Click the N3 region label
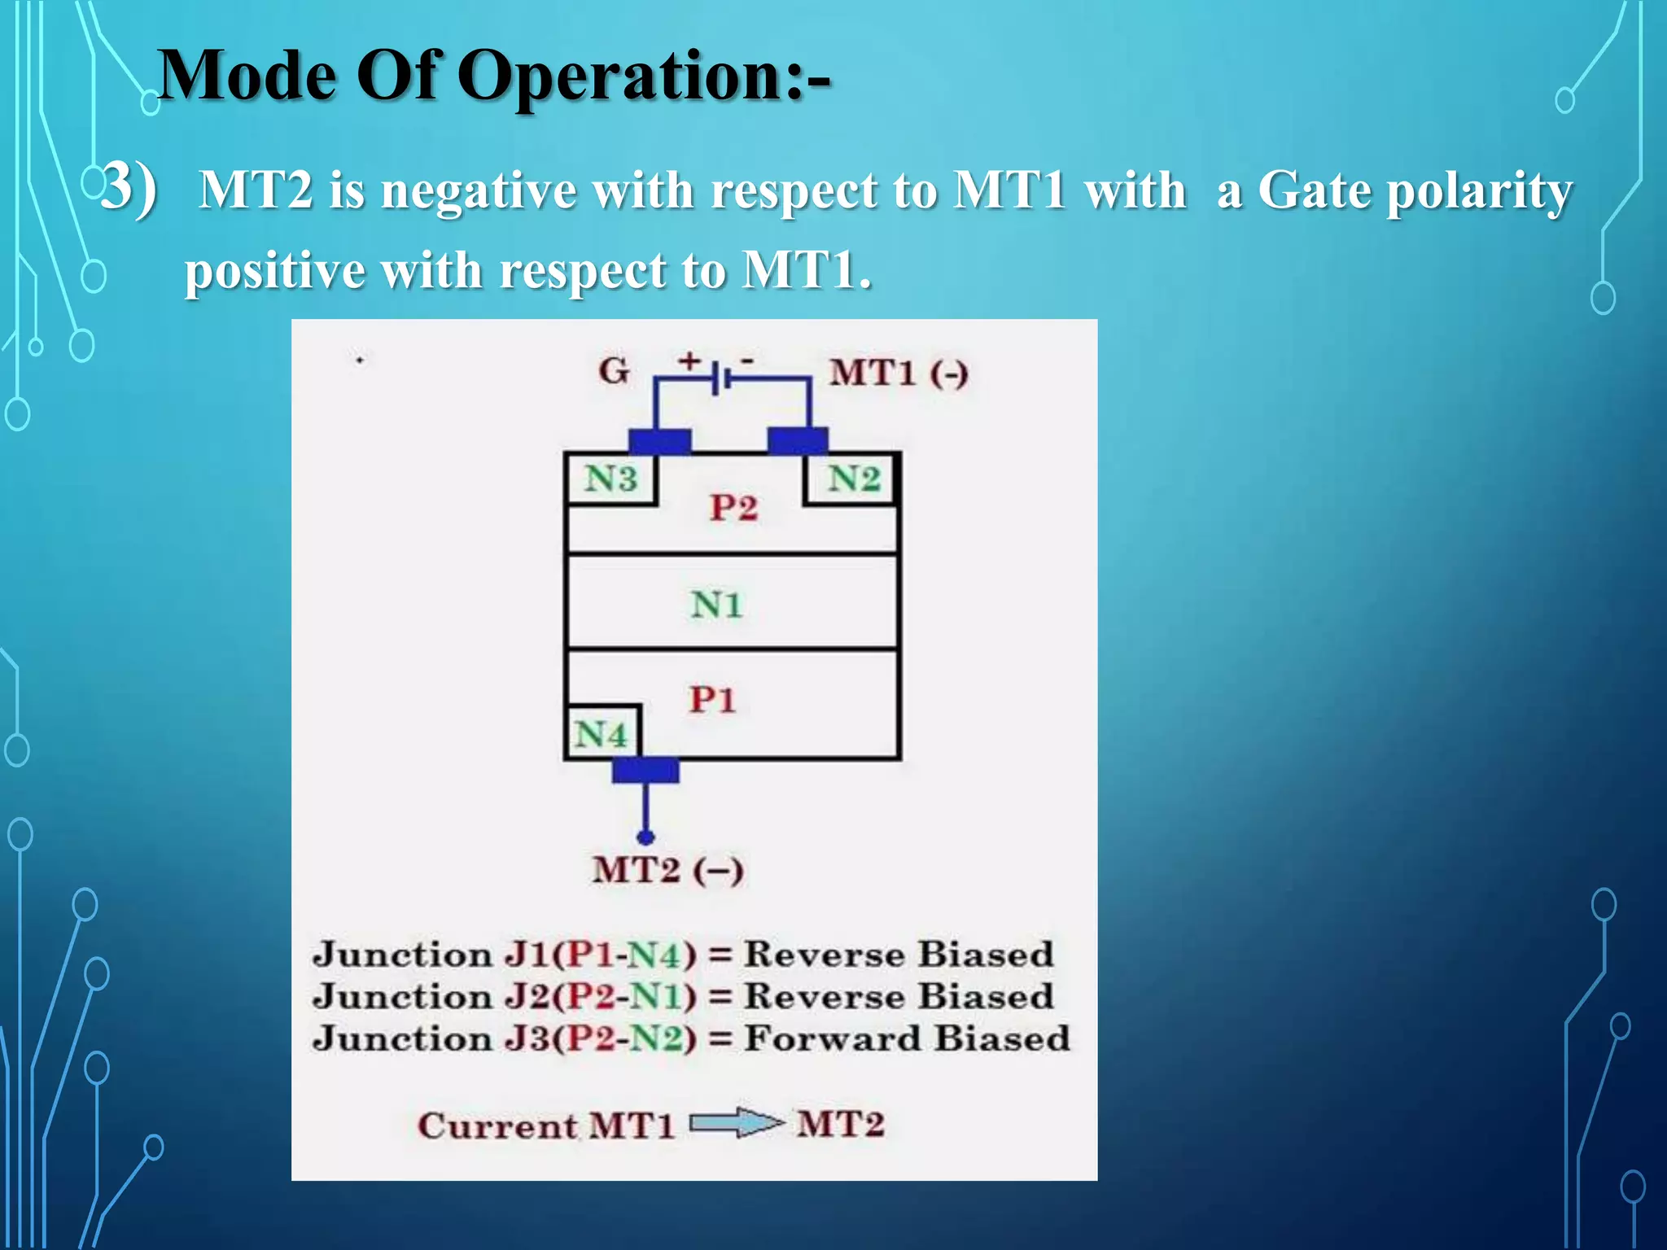point(610,479)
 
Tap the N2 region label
point(854,479)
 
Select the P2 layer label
point(733,509)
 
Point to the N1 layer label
point(716,605)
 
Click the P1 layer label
point(712,700)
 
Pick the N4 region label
point(601,735)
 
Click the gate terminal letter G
point(614,372)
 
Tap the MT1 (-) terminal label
point(899,374)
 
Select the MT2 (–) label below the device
point(667,871)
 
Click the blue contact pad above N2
point(798,441)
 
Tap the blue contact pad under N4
point(645,770)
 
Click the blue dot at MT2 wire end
point(645,837)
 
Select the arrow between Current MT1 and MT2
point(737,1124)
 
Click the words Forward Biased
point(907,1039)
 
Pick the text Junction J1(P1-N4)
point(505,955)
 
